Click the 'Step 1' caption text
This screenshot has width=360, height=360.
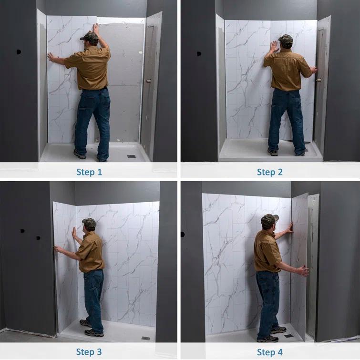pyautogui.click(x=90, y=172)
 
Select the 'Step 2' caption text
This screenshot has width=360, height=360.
pyautogui.click(x=270, y=172)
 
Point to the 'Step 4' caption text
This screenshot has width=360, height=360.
pyautogui.click(x=270, y=352)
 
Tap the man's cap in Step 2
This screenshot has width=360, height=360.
pyautogui.click(x=286, y=39)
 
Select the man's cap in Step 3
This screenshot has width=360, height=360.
pyautogui.click(x=89, y=222)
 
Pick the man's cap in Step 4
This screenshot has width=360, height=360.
pyautogui.click(x=269, y=219)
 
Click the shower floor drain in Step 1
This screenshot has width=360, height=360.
pyautogui.click(x=132, y=156)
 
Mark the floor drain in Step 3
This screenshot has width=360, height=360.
pyautogui.click(x=145, y=338)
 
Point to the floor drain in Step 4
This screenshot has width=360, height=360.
pyautogui.click(x=289, y=336)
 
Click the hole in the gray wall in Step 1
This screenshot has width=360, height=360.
pyautogui.click(x=19, y=51)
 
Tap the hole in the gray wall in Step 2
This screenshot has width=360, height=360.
pyautogui.click(x=198, y=53)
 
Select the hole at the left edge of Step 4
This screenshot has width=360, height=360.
pyautogui.click(x=183, y=234)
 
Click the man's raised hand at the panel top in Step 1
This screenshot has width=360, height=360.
pyautogui.click(x=96, y=28)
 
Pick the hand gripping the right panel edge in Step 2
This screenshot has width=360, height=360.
pyautogui.click(x=313, y=70)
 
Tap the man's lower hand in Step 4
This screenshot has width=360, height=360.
pyautogui.click(x=303, y=271)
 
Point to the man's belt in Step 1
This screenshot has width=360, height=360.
pyautogui.click(x=93, y=89)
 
